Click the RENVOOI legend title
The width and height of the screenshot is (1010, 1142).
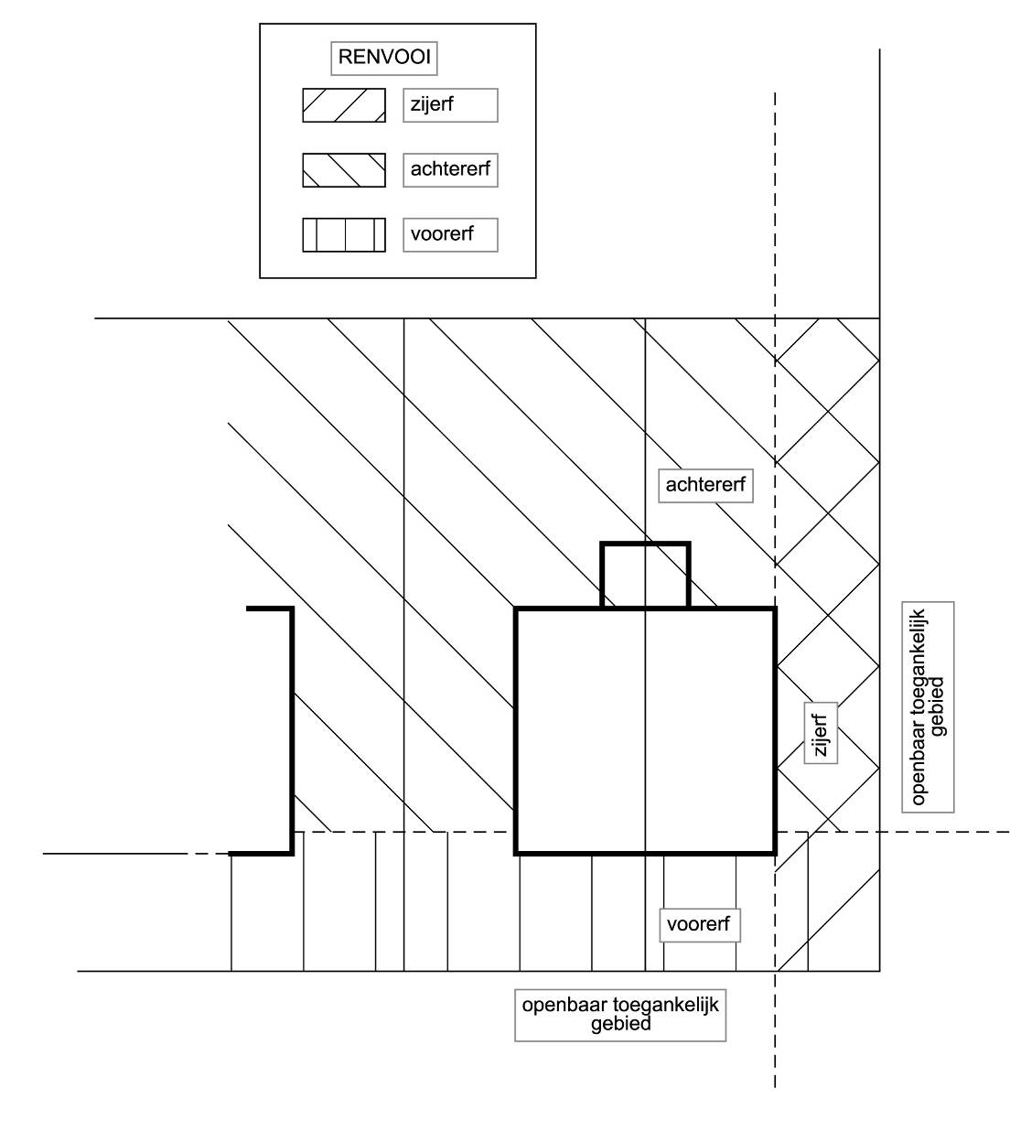[383, 58]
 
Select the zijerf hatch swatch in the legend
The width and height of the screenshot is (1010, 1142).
[344, 105]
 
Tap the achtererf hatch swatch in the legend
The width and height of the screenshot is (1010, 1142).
[344, 170]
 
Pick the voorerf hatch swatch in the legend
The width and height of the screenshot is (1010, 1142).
[344, 235]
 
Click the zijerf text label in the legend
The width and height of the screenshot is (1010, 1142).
[450, 105]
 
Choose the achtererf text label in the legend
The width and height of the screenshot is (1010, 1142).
[450, 170]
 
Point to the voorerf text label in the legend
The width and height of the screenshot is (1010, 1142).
[450, 235]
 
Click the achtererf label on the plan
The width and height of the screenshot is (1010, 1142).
[705, 485]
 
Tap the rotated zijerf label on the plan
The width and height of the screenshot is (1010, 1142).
[821, 734]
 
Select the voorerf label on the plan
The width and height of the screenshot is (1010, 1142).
[699, 924]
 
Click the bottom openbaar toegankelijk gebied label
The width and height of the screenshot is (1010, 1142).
[620, 1015]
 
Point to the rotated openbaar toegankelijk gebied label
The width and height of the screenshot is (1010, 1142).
[928, 706]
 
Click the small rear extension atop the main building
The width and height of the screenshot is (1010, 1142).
[645, 575]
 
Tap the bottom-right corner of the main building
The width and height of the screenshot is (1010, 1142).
[775, 853]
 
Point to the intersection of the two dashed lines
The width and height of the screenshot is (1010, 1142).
[775, 832]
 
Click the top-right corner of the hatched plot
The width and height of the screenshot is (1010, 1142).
[879, 318]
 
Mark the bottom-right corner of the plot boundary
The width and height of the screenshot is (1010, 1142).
[879, 971]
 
